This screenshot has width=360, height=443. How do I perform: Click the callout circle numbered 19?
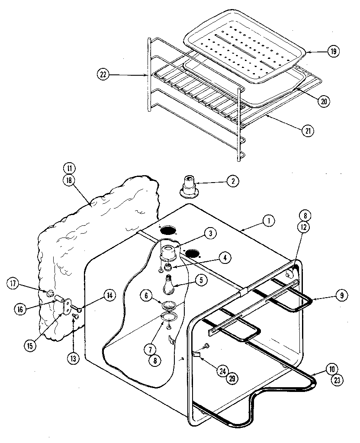333,51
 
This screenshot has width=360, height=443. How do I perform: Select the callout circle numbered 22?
103,75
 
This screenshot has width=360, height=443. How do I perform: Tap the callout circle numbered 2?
232,182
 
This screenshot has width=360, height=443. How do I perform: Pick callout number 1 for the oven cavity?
268,221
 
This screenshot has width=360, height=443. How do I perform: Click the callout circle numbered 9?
341,296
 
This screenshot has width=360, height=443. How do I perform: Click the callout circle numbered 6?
147,295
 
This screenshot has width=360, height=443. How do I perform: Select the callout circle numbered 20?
323,102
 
